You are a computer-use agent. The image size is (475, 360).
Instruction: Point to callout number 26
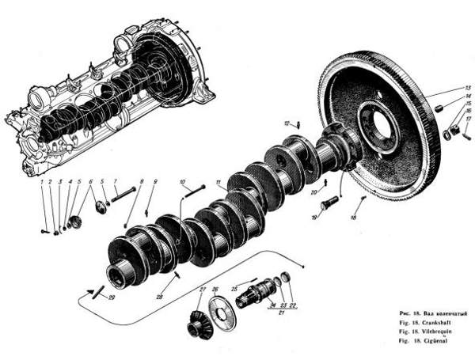pos(215,288)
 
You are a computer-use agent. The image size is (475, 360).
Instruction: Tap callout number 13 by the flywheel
pos(468,86)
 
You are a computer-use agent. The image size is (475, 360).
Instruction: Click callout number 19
pos(313,217)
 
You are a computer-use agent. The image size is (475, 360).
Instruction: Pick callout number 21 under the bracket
pos(282,312)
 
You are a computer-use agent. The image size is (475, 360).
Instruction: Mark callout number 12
pos(288,123)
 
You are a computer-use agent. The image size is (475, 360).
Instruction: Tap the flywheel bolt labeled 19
pos(330,203)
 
